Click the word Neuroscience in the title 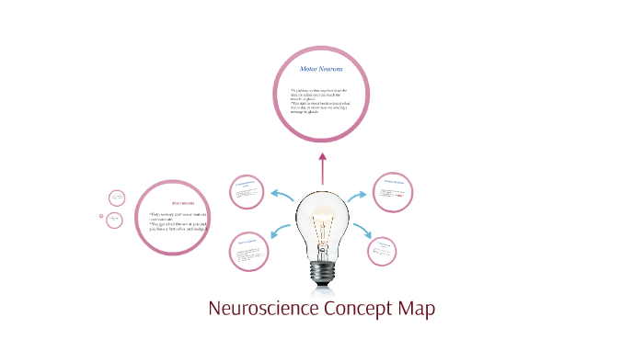click(x=264, y=309)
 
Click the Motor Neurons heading click(x=322, y=69)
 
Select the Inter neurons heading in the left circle click(x=182, y=203)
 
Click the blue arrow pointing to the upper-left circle click(x=282, y=194)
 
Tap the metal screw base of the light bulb click(x=322, y=271)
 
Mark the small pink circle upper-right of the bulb click(x=393, y=190)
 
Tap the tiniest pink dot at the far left click(x=101, y=216)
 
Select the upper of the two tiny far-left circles click(x=117, y=198)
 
